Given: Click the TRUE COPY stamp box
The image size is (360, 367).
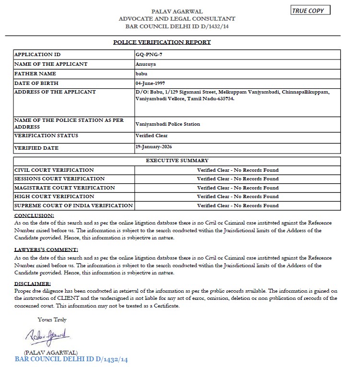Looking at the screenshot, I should click(310, 11).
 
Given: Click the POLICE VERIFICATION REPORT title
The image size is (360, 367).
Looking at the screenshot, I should click(162, 42).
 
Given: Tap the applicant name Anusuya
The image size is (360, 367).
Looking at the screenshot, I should click(146, 64).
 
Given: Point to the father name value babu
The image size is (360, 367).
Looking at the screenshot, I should click(141, 74).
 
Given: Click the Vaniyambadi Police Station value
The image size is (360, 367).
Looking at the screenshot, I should click(168, 124).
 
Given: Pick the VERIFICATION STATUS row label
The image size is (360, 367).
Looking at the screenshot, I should click(46, 136).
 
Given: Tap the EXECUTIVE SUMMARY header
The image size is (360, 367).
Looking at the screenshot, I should click(177, 161).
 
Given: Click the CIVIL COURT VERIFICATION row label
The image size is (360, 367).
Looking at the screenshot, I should click(54, 170).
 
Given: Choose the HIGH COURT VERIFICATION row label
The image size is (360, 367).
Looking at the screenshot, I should click(54, 197).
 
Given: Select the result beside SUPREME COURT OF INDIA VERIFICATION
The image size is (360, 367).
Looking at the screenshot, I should click(237, 206).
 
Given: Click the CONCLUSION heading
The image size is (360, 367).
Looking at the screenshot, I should click(35, 216).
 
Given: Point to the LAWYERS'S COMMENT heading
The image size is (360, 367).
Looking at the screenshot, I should click(46, 250).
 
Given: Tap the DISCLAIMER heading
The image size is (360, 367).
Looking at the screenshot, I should click(33, 284).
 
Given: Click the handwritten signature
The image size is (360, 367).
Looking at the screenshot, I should click(48, 335).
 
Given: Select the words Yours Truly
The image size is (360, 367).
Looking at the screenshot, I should click(52, 320).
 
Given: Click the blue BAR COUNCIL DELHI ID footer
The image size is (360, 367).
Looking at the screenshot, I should click(72, 359).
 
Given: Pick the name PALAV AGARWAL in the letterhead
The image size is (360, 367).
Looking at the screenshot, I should click(177, 11).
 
